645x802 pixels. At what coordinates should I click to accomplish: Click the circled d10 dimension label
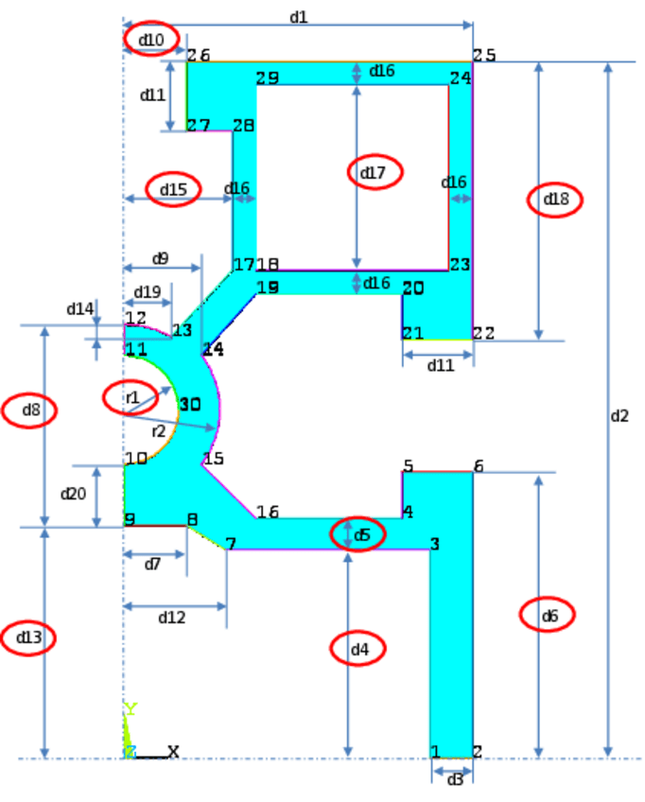151,39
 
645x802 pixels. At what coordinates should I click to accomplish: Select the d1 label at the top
299,17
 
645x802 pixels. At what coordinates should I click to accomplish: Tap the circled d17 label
375,172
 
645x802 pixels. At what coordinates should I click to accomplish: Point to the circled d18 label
555,199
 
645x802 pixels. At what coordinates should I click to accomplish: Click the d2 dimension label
619,415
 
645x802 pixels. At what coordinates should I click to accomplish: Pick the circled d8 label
29,410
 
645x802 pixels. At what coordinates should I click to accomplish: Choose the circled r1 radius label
131,397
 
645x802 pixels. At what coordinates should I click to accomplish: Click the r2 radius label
159,431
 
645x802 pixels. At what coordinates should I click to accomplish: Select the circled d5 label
361,535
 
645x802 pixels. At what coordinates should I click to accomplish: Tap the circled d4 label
359,649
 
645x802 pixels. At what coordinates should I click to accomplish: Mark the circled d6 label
549,616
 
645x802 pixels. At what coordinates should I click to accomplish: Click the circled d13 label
29,638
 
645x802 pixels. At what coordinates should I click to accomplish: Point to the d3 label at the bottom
455,779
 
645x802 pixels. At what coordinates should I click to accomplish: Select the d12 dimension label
171,617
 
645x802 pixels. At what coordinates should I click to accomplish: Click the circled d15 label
173,189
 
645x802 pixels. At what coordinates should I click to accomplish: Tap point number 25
484,55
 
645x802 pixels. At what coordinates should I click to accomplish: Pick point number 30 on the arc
190,405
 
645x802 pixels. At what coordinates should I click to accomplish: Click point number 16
268,512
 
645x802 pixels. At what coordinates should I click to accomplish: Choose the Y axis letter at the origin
131,709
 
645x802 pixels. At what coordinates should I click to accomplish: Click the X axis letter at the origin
173,752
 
